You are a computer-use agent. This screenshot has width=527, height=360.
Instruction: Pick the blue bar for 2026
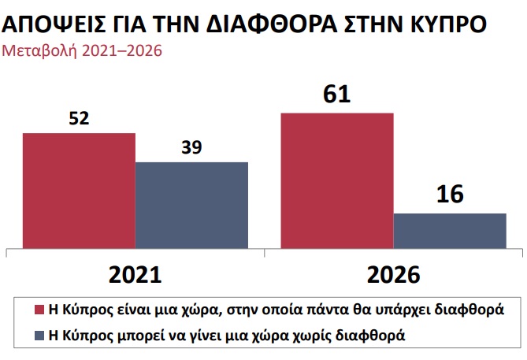[x=450, y=229]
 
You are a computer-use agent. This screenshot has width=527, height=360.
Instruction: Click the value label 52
[x=79, y=119]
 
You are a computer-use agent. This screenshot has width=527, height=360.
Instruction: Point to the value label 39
[x=191, y=147]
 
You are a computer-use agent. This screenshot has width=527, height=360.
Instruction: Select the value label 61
[x=336, y=95]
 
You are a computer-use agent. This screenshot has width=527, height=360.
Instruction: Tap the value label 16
[x=450, y=195]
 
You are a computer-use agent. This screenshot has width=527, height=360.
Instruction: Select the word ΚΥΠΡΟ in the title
[x=443, y=23]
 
